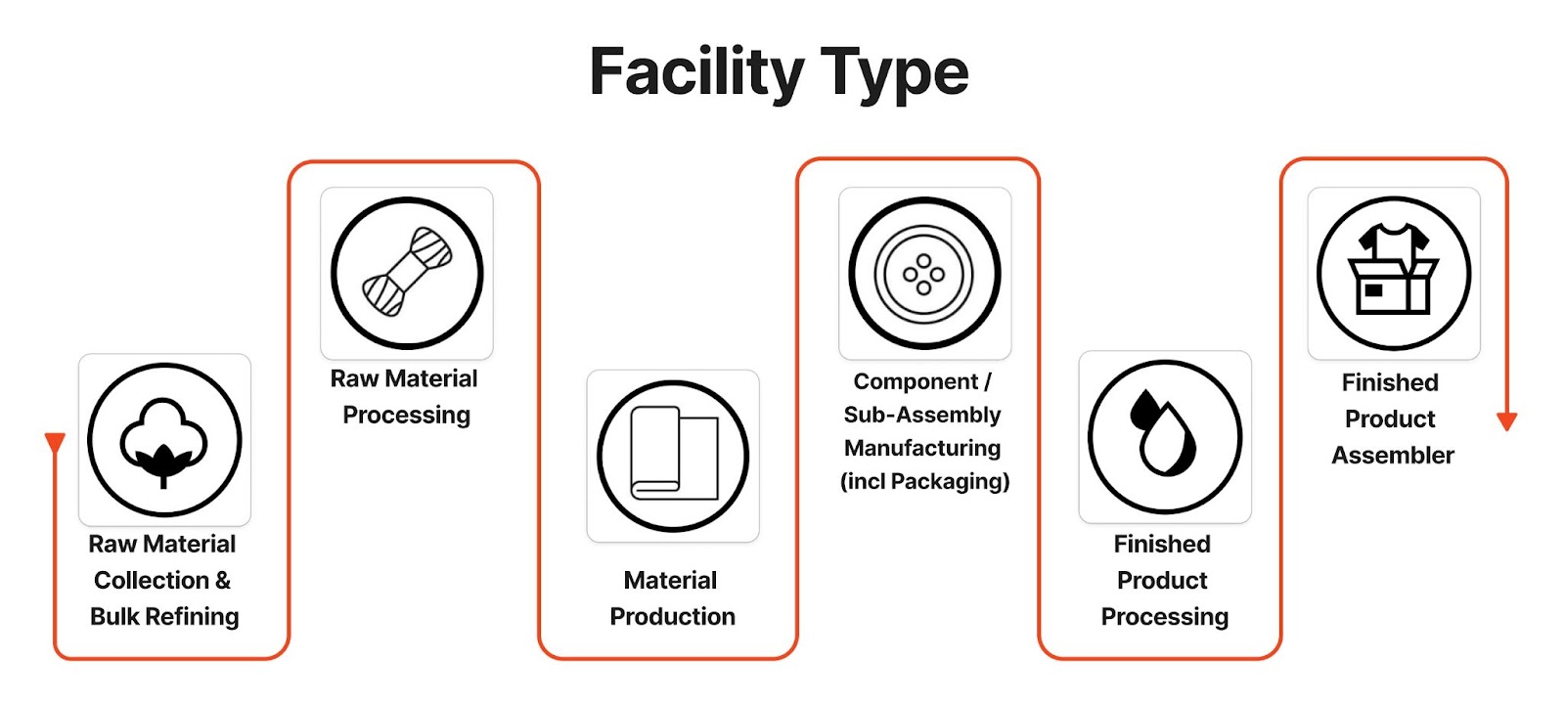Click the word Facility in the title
(x=696, y=72)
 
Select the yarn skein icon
(x=407, y=273)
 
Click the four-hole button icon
(x=924, y=273)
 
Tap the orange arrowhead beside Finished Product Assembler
(x=1506, y=421)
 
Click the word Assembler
(x=1393, y=456)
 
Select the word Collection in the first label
(x=152, y=581)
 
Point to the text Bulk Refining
(x=164, y=617)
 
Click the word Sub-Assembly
(x=922, y=415)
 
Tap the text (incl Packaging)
(x=925, y=481)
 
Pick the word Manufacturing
(x=922, y=448)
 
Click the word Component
(x=916, y=381)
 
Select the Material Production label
(x=672, y=598)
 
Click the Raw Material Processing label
(x=405, y=397)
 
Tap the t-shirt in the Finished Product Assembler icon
(x=1394, y=243)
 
